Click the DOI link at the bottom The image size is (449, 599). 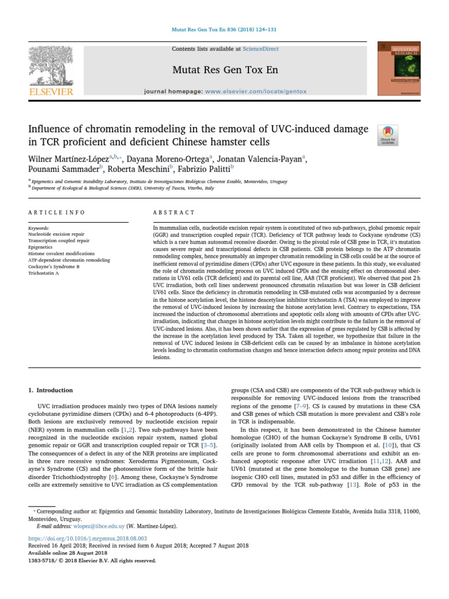coord(87,538)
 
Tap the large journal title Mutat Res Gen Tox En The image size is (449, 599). coord(224,71)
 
